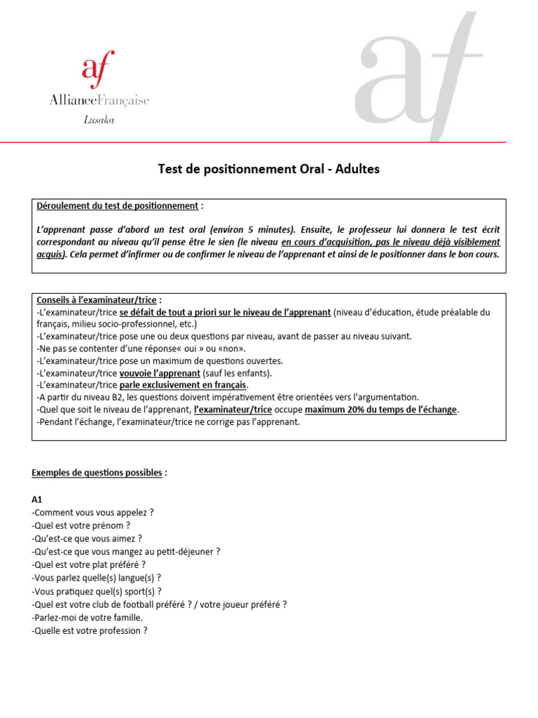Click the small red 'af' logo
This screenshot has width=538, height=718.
pyautogui.click(x=98, y=69)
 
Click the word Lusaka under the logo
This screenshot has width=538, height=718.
pyautogui.click(x=99, y=120)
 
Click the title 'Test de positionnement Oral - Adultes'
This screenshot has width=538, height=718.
pyautogui.click(x=269, y=170)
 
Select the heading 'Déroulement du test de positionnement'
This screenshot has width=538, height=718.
pyautogui.click(x=117, y=206)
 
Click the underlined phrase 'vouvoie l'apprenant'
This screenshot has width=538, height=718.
pyautogui.click(x=160, y=372)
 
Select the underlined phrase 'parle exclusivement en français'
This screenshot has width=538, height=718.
pyautogui.click(x=184, y=385)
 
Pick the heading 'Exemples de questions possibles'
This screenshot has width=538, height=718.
pyautogui.click(x=97, y=473)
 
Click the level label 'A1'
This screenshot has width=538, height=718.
pyautogui.click(x=38, y=500)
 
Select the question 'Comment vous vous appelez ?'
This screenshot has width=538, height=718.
pyautogui.click(x=93, y=513)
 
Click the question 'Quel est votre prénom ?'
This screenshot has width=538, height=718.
pyautogui.click(x=81, y=525)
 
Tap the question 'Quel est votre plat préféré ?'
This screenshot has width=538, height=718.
pyautogui.click(x=89, y=564)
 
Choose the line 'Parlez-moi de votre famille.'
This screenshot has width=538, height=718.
pyautogui.click(x=88, y=617)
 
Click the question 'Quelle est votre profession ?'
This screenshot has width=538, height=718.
pyautogui.click(x=90, y=630)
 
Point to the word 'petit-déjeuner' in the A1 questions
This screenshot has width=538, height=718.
pyautogui.click(x=187, y=551)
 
